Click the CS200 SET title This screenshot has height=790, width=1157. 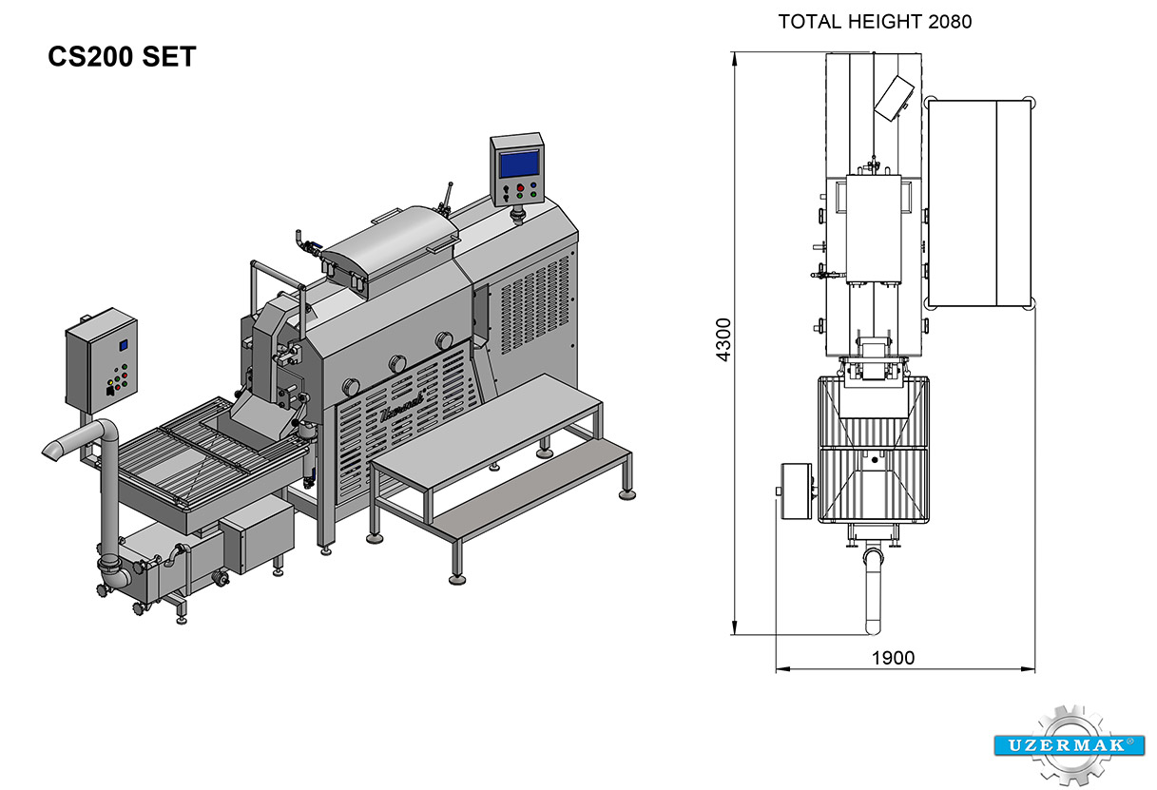click(122, 56)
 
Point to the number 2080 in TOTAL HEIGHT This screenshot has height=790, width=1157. click(950, 22)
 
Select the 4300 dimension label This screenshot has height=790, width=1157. click(723, 339)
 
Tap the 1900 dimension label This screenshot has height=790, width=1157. click(893, 658)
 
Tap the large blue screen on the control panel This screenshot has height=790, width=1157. click(519, 164)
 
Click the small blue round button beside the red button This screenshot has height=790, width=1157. click(533, 184)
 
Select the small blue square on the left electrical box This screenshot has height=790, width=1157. click(124, 345)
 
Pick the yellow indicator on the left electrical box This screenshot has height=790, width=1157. click(110, 382)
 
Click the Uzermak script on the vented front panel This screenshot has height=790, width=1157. click(402, 406)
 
